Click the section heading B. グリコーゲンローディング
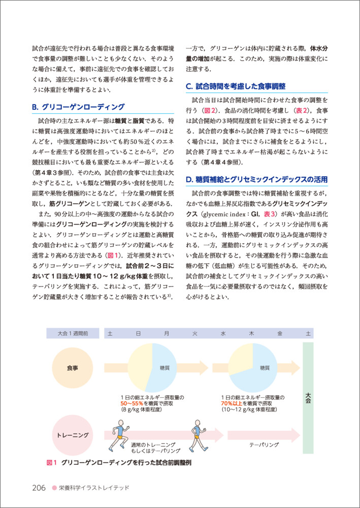pyautogui.click(x=78, y=107)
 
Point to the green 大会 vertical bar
pyautogui.click(x=308, y=397)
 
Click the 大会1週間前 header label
pyautogui.click(x=72, y=334)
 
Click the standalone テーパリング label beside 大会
pyautogui.click(x=264, y=444)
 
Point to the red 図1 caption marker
pyautogui.click(x=51, y=463)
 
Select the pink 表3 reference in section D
pyautogui.click(x=269, y=214)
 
